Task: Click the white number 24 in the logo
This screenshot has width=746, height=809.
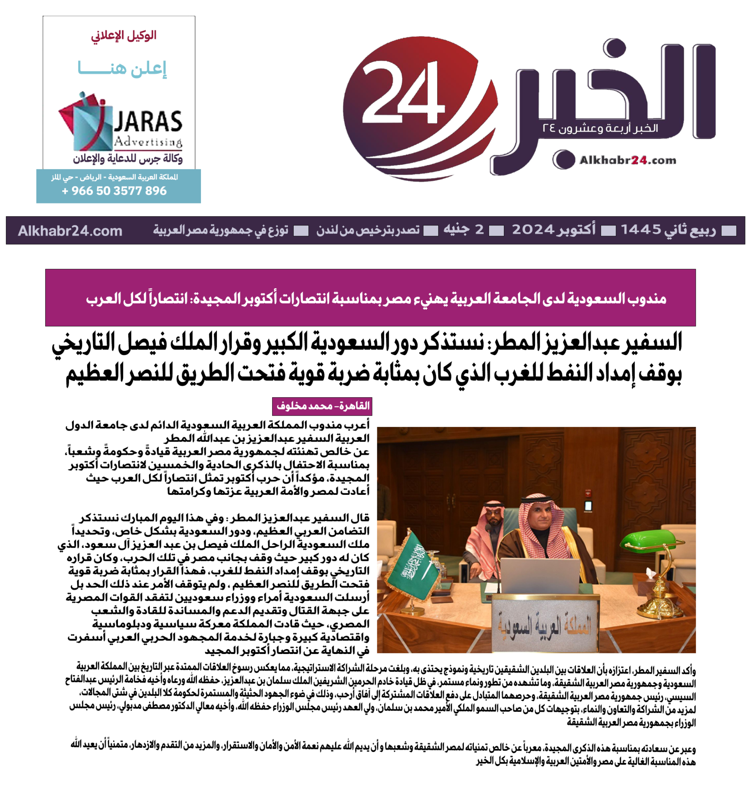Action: (x=404, y=94)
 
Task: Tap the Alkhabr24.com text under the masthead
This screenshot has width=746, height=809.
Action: (x=628, y=160)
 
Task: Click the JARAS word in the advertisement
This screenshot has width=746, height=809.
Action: (x=148, y=122)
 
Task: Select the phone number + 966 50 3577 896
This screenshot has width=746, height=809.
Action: (x=114, y=191)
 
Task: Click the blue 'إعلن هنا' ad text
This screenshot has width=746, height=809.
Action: (x=122, y=69)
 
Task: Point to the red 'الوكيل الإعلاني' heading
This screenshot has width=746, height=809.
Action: (x=123, y=36)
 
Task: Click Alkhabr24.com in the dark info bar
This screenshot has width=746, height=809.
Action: (x=70, y=231)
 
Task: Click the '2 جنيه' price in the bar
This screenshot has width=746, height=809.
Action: (x=464, y=230)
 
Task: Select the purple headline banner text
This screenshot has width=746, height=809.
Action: (x=376, y=299)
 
